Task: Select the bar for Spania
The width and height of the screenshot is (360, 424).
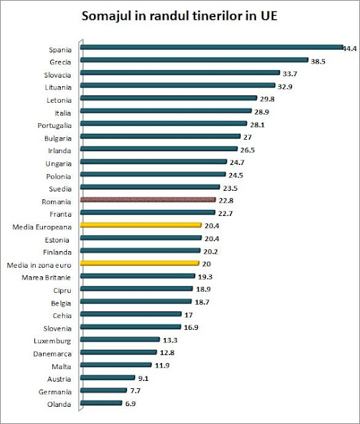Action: coord(212,47)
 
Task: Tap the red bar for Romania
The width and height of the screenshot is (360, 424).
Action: coord(148,199)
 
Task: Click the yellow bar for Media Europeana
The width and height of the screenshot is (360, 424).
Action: coord(141,225)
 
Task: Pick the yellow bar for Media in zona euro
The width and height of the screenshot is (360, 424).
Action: coord(140,262)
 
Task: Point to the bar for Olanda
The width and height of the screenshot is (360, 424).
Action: coord(101,402)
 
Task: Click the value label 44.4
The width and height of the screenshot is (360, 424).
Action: coord(350,48)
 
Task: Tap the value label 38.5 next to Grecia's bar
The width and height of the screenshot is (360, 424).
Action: coord(319,61)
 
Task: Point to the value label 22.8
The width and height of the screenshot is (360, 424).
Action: coord(227,200)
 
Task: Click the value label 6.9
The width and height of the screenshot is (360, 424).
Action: coord(132,403)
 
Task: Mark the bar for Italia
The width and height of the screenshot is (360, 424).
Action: coord(166,111)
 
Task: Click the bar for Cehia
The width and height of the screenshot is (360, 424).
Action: coord(131,313)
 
